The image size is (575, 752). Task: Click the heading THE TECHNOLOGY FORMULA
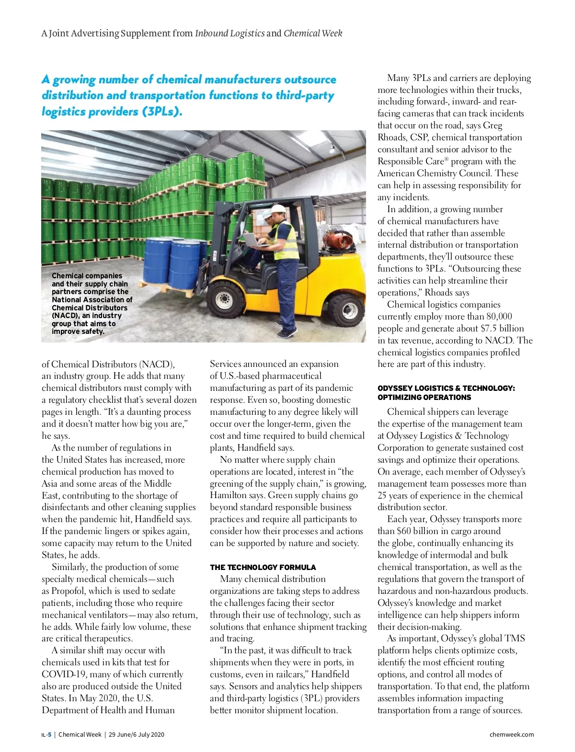(x=263, y=567)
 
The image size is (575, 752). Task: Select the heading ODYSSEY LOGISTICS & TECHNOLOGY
(x=446, y=388)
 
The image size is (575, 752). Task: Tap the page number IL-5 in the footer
(x=46, y=735)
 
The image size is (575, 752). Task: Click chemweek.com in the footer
(x=511, y=735)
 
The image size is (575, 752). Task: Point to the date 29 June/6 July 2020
(x=136, y=735)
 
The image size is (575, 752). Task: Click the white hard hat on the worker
(x=278, y=210)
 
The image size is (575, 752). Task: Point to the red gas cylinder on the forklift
(x=338, y=239)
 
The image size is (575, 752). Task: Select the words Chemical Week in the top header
(x=313, y=34)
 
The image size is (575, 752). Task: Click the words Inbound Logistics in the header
(x=230, y=34)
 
